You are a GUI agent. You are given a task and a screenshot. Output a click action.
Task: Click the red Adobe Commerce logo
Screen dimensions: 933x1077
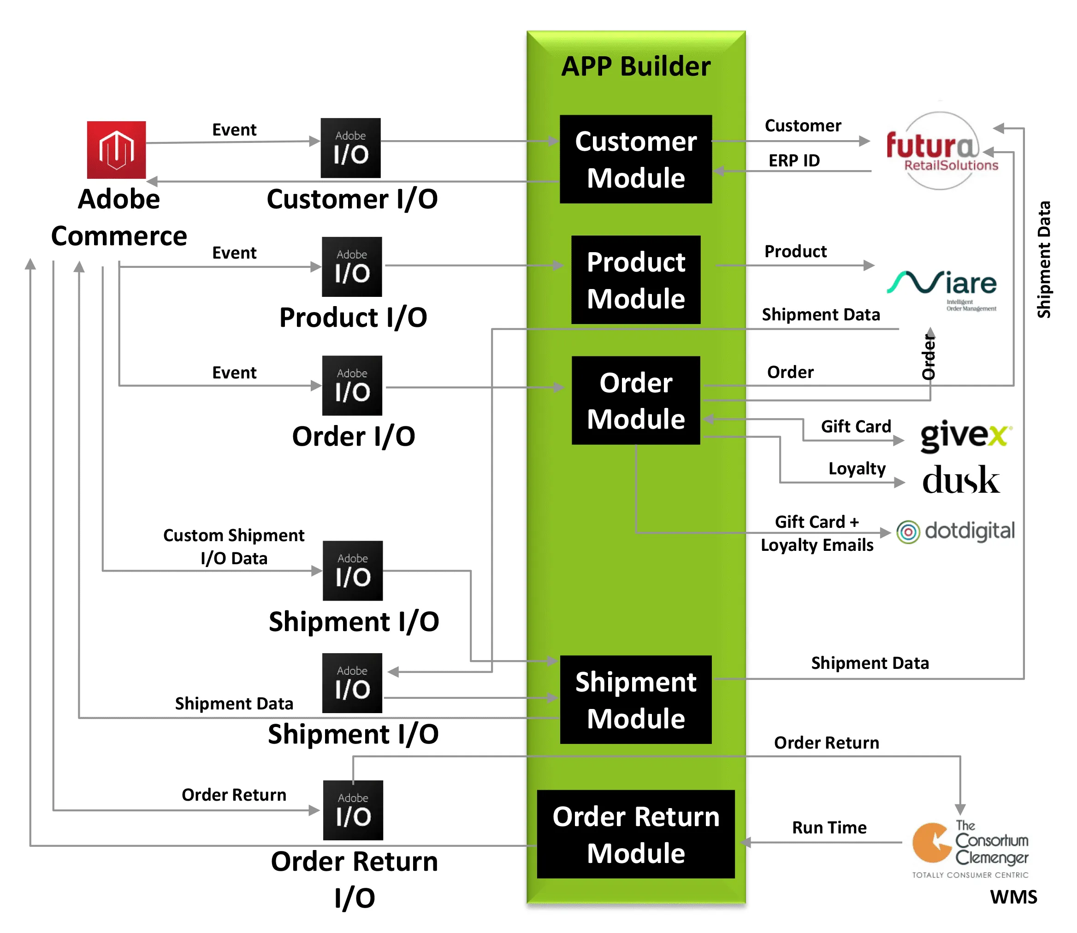point(116,150)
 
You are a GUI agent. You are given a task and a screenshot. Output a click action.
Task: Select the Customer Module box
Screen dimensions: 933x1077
point(635,159)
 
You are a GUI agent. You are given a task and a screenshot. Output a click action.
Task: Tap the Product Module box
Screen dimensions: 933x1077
point(635,280)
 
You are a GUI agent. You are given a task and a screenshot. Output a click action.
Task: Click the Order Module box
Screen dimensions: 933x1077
point(635,401)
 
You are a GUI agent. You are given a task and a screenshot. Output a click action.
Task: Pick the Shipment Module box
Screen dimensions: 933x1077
point(635,700)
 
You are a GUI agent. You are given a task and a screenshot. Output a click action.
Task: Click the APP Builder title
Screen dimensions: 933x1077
point(635,67)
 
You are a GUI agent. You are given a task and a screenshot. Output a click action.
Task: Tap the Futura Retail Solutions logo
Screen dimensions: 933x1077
point(941,151)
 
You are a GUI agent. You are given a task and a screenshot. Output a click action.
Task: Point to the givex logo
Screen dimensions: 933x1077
point(965,435)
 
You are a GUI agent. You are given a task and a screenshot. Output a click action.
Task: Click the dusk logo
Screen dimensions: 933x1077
point(961,479)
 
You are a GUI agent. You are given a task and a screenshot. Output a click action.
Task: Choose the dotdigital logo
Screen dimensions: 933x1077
point(956,531)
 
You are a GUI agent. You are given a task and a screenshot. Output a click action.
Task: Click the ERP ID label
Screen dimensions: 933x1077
point(794,160)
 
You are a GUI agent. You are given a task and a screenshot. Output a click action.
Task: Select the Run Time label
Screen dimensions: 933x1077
point(829,827)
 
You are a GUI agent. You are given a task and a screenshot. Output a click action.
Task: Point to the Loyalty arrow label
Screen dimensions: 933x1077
point(857,469)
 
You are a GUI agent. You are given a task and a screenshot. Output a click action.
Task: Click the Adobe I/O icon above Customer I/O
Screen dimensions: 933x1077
point(350,148)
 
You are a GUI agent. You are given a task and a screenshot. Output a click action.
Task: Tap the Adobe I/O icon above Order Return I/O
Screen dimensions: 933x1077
point(353,810)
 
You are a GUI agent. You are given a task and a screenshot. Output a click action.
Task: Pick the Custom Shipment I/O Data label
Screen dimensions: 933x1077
point(234,547)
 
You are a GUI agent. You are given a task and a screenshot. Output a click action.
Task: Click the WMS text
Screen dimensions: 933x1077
point(1013,897)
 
